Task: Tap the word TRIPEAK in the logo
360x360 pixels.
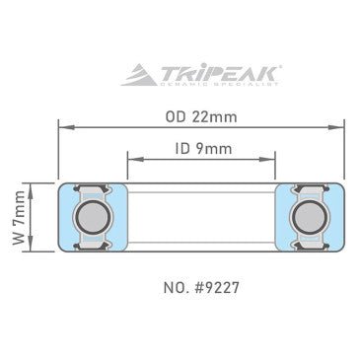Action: (211, 73)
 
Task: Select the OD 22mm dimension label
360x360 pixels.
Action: (200, 116)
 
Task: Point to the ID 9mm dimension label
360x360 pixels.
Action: (200, 149)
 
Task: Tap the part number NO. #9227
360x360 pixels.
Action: (200, 290)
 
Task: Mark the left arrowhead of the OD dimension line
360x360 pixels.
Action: (62, 126)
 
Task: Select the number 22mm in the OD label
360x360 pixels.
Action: (214, 116)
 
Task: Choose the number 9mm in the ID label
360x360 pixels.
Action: (210, 149)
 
